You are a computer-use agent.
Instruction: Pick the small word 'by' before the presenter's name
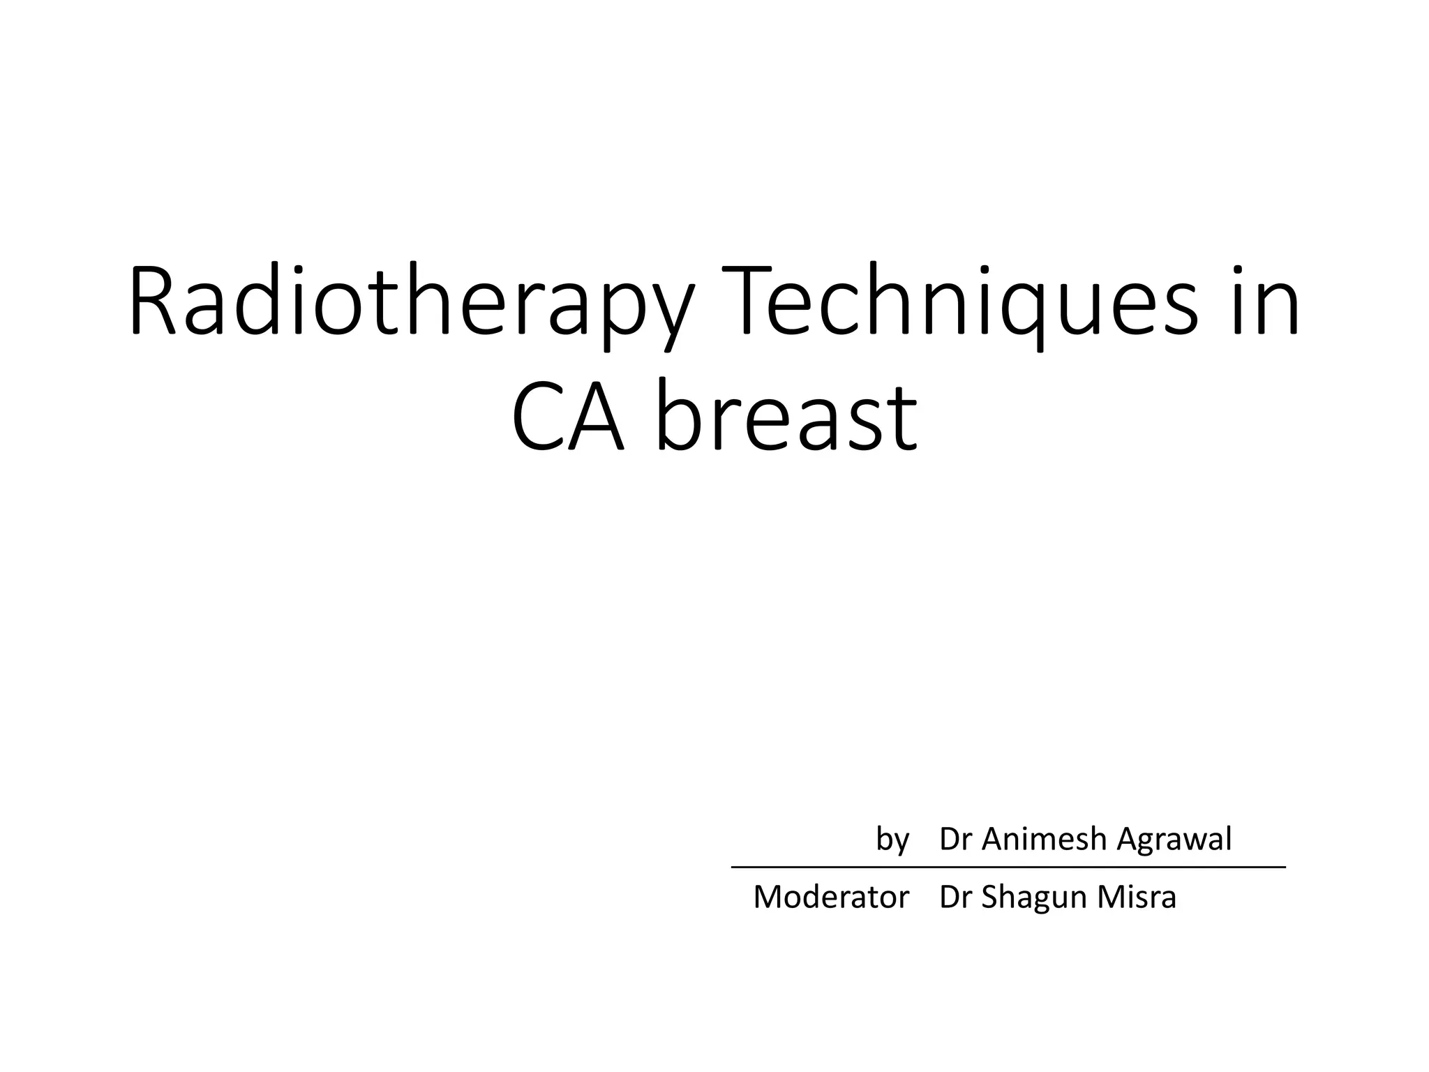point(892,840)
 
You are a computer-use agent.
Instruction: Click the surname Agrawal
point(1174,840)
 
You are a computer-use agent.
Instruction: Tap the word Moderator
point(831,898)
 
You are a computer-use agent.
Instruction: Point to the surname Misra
point(1137,898)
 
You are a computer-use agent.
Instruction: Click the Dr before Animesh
point(955,839)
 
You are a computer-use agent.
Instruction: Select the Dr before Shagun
point(955,898)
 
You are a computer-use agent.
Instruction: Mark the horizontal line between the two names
point(1008,867)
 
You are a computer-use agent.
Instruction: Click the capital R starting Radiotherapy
point(153,301)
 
